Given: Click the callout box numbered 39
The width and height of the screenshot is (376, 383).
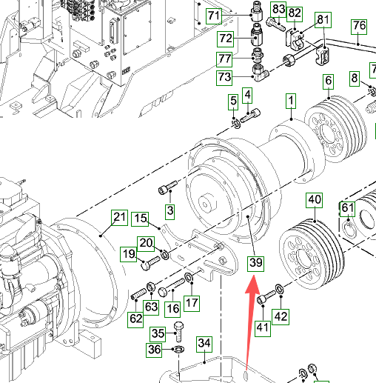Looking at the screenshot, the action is [255, 263].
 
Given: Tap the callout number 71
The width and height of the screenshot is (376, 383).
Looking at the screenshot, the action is [214, 16].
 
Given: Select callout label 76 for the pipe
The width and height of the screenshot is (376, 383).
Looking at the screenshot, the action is [359, 27].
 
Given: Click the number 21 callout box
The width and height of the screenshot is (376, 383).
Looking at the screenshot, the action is [120, 218].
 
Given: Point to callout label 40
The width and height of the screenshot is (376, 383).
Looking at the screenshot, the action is [314, 200].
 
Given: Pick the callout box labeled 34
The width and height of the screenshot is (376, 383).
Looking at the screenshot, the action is [204, 344].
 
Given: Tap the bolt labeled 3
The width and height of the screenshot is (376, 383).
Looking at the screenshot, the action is [168, 187].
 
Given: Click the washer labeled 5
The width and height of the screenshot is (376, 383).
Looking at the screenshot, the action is [236, 124].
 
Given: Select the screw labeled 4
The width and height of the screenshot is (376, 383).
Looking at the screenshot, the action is [250, 116].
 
